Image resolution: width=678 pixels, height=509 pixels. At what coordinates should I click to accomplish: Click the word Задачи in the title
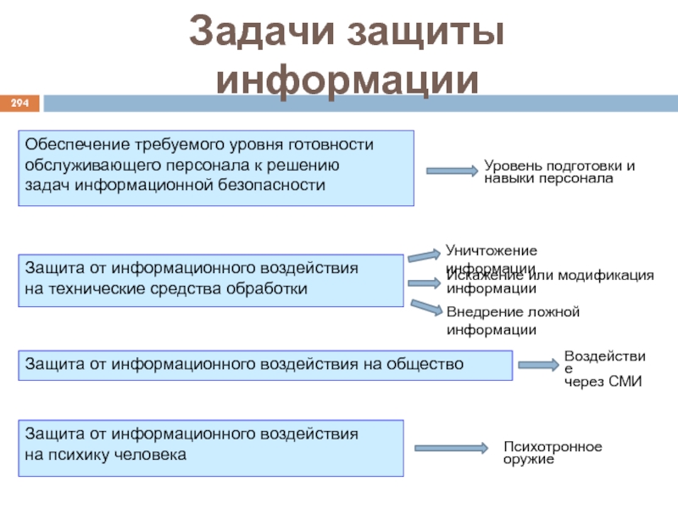[258, 33]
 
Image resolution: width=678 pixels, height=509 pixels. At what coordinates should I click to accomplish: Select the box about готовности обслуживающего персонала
[216, 168]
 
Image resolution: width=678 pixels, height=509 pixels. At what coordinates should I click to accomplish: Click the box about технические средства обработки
[210, 280]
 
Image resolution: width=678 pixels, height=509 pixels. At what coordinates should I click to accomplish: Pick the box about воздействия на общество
[265, 364]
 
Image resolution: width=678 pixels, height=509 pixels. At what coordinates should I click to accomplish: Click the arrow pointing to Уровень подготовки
[452, 171]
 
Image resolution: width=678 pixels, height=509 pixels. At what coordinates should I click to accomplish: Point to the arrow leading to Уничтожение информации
[423, 255]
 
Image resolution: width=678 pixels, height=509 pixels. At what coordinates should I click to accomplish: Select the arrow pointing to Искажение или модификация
[423, 282]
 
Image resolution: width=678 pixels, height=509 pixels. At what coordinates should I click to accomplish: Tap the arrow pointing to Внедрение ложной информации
[425, 306]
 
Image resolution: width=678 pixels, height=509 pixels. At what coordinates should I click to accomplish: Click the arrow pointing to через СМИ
[537, 365]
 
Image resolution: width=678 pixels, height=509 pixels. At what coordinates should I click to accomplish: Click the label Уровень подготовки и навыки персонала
[559, 172]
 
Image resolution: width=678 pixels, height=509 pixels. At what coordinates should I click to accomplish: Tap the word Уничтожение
[492, 250]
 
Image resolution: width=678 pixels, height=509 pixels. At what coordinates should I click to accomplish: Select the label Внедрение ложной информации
[513, 321]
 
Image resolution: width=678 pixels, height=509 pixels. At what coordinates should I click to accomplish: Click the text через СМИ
[603, 383]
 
